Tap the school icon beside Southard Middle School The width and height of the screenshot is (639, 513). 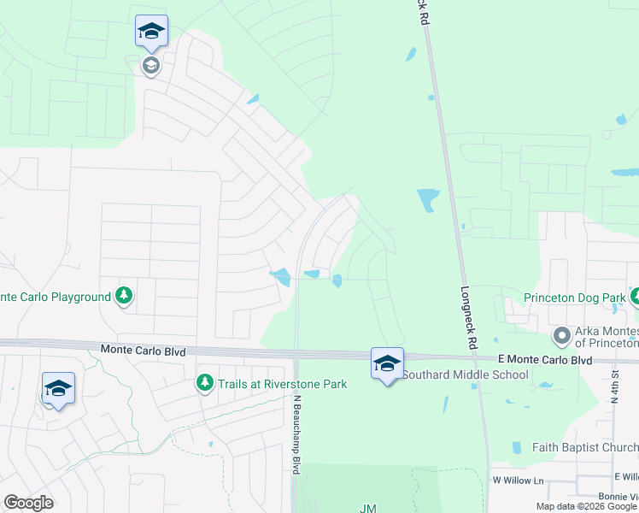coord(387,363)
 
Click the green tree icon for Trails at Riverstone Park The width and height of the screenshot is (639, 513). coord(204,382)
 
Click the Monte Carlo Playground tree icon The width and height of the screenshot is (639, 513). coord(124,296)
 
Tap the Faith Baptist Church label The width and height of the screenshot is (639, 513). coord(584,446)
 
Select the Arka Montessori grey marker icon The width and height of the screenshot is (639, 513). coord(561,334)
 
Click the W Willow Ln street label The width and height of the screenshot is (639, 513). coord(518,481)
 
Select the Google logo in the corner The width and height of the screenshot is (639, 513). coord(28,503)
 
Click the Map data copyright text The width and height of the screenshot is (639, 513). coord(586,506)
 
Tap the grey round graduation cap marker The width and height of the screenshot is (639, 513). coord(151,65)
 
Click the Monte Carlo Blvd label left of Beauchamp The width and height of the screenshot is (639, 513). coord(143,349)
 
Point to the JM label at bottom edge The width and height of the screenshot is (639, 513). coord(367,508)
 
